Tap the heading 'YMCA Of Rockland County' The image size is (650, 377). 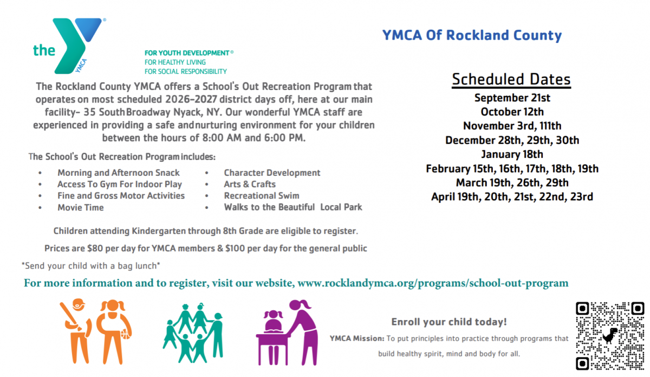[472, 35]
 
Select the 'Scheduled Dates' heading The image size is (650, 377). [511, 80]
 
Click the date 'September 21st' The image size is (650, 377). [512, 98]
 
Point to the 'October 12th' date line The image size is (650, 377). [512, 112]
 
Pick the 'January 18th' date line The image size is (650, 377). [512, 155]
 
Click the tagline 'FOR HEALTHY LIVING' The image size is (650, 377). [175, 62]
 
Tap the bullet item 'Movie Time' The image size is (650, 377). [80, 208]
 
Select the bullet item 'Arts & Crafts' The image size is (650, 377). [250, 184]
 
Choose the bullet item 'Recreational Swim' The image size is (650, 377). [262, 196]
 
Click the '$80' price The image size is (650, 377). [95, 248]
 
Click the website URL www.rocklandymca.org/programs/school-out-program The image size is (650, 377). [433, 283]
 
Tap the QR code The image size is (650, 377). [610, 336]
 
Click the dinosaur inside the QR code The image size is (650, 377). [610, 335]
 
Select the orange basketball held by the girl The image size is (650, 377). [126, 334]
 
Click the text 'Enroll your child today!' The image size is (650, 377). [449, 322]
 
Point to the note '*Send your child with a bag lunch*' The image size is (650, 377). [91, 266]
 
